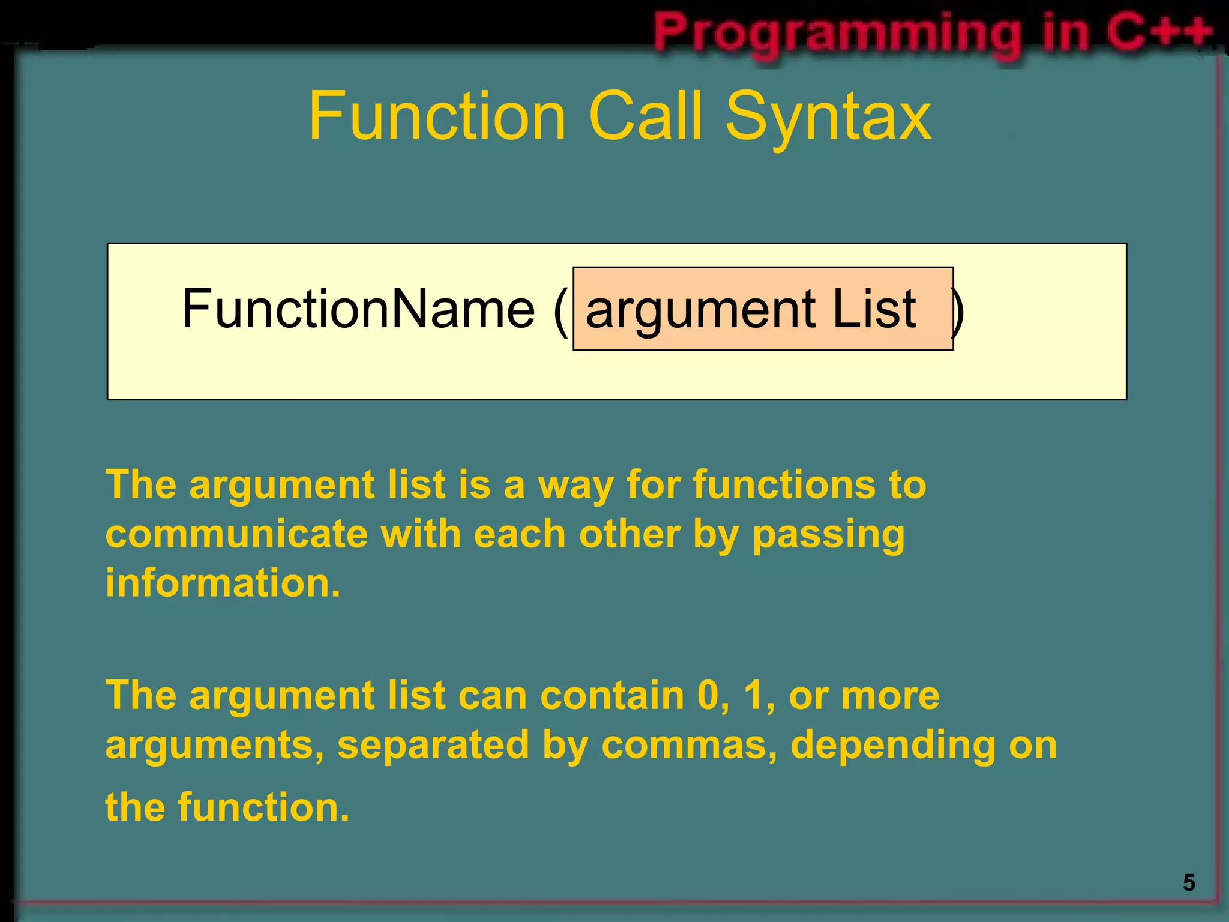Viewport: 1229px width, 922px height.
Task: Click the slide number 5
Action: click(x=1189, y=883)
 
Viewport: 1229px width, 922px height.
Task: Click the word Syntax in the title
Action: click(x=828, y=117)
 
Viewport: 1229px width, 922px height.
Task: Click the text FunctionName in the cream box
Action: click(x=358, y=309)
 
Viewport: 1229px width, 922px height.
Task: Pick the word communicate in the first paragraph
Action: click(x=236, y=534)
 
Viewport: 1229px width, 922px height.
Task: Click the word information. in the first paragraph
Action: click(x=223, y=583)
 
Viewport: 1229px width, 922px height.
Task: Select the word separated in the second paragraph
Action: click(x=433, y=745)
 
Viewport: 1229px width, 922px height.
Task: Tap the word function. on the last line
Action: click(x=263, y=807)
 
